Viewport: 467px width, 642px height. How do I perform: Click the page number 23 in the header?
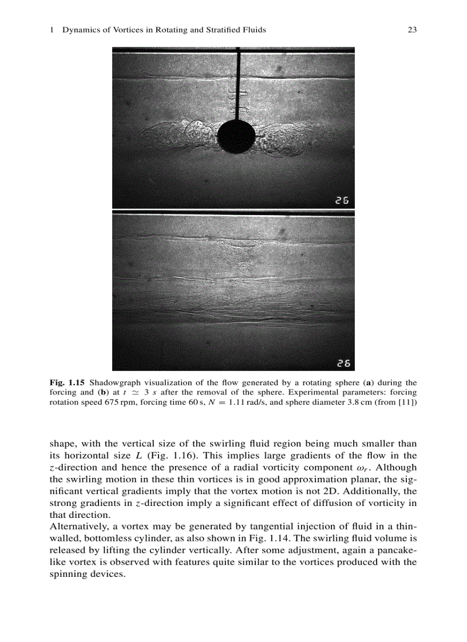[411, 30]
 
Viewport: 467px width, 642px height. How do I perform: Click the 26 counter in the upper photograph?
[342, 200]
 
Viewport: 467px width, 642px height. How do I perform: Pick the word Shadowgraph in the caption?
[113, 382]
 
